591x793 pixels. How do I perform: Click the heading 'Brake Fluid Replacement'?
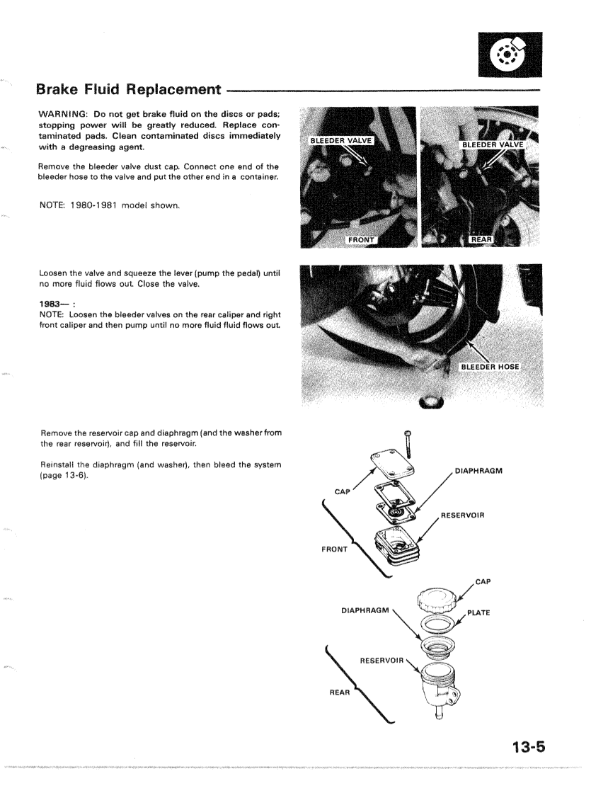128,89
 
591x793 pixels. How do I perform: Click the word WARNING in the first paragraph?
67,115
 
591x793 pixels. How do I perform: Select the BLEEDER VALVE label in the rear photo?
493,145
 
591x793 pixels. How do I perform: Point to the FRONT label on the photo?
360,240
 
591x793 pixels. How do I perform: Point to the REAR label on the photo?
483,240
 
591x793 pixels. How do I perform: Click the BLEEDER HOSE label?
490,367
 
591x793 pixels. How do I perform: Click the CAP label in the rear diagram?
483,582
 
